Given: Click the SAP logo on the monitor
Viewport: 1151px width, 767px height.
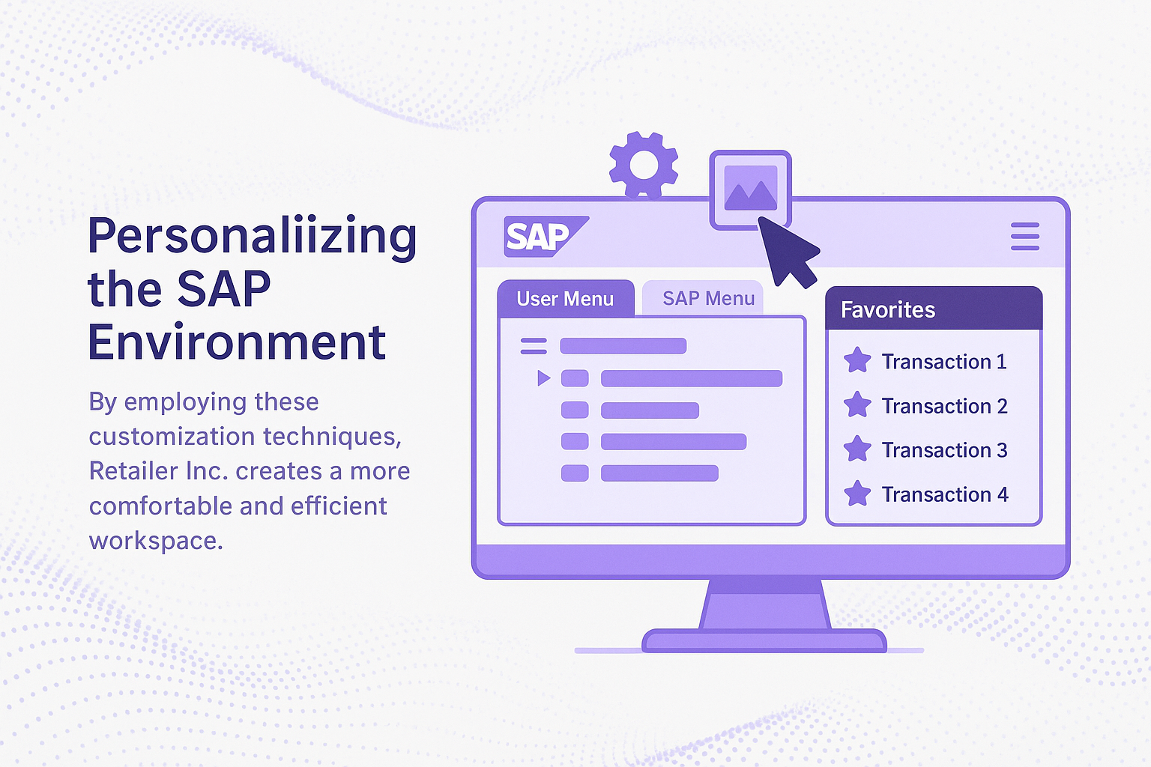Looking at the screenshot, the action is (x=546, y=236).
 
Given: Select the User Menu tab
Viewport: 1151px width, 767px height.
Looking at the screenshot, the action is (x=566, y=298).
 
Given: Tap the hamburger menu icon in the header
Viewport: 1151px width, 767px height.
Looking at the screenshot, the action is (x=1025, y=236).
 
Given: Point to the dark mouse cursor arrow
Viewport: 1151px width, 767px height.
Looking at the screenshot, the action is (x=788, y=251).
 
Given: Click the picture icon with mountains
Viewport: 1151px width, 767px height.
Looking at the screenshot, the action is (x=750, y=189).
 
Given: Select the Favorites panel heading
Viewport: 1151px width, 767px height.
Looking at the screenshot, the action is (x=888, y=310).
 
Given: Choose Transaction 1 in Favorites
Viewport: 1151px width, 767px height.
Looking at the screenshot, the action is (x=944, y=362).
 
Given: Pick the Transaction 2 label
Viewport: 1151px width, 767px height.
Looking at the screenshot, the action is (x=944, y=406).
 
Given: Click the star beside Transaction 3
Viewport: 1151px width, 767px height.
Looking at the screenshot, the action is (x=857, y=449).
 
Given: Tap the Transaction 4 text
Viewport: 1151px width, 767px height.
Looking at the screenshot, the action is (x=945, y=494).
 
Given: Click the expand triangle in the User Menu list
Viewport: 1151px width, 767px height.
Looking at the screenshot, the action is (x=543, y=378).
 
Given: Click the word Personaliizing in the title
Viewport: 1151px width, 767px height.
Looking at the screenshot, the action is (x=253, y=236).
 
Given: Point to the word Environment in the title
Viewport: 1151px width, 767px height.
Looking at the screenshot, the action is (x=237, y=342).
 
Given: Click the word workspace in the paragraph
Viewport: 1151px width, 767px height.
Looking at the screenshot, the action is (x=156, y=541).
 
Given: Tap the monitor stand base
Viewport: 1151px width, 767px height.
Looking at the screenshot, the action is (x=764, y=640).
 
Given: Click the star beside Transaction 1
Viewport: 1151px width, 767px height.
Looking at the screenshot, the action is (x=857, y=360).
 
